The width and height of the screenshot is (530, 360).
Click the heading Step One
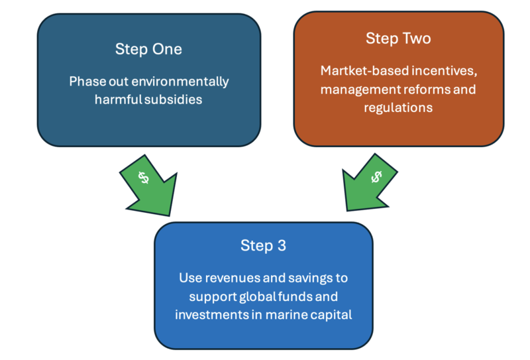(x=148, y=50)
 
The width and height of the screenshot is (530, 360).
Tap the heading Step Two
(x=398, y=38)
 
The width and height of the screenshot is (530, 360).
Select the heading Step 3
(x=263, y=246)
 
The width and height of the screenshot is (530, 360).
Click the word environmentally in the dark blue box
(x=180, y=82)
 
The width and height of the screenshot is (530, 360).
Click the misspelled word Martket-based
(x=365, y=71)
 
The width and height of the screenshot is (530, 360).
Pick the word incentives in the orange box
(x=444, y=71)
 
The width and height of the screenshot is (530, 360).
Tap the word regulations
(x=398, y=108)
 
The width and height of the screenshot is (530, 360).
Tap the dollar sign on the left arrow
(x=144, y=177)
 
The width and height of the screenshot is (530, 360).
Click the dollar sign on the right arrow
(x=376, y=176)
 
